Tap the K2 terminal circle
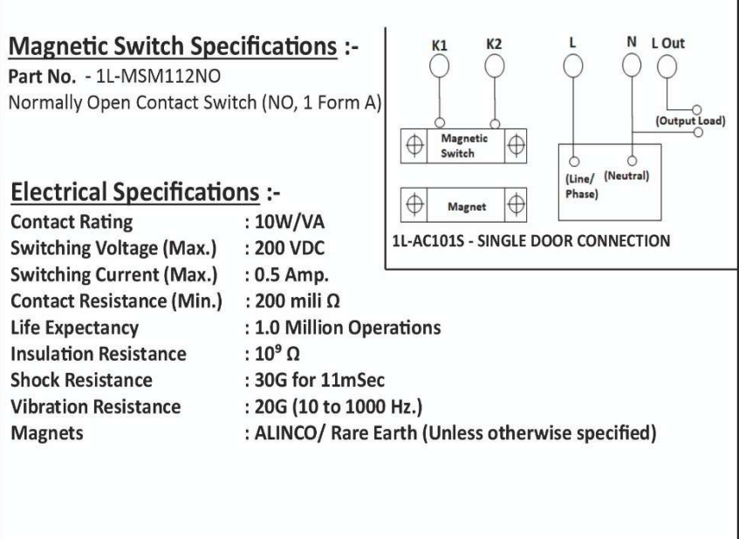(495, 66)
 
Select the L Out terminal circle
(667, 66)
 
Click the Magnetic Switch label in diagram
(464, 145)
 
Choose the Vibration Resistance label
(96, 406)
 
